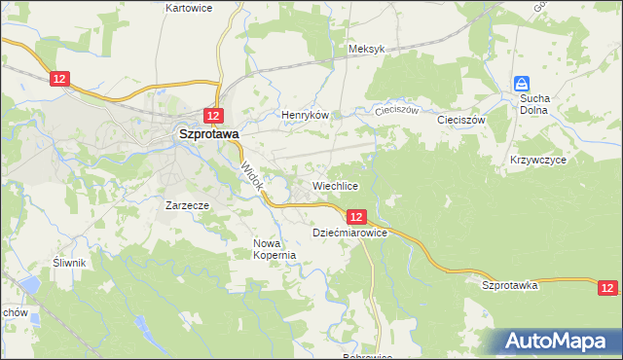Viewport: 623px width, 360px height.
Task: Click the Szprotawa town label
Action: point(207,136)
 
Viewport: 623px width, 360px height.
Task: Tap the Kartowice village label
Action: point(189,8)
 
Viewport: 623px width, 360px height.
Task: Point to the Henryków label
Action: point(307,115)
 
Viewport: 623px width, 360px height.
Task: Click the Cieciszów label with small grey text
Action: point(396,110)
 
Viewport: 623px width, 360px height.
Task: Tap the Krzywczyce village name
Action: point(537,159)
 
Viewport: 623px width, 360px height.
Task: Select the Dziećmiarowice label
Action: point(350,234)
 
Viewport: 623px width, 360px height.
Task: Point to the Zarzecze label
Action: point(189,206)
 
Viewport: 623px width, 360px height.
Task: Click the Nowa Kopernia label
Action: point(274,249)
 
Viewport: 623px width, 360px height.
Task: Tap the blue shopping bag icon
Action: point(523,85)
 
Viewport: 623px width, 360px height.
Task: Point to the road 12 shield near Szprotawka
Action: point(607,288)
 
